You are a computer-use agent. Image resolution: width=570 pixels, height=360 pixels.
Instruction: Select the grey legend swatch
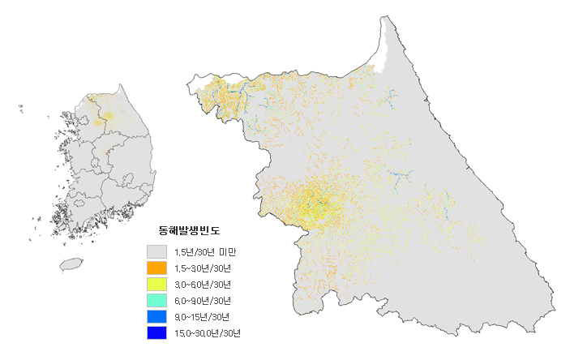tap(156, 251)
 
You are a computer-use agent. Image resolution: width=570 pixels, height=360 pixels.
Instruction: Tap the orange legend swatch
tap(156, 268)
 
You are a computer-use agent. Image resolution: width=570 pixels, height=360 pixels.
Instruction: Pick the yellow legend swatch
tap(156, 284)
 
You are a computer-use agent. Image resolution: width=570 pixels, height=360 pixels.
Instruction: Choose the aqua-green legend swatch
tap(156, 300)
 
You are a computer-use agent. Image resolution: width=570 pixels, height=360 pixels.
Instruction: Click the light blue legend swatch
tap(156, 316)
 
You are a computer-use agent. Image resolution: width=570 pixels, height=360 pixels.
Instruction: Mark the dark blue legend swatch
tap(156, 332)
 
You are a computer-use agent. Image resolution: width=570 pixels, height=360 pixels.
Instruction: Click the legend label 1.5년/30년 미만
tap(205, 252)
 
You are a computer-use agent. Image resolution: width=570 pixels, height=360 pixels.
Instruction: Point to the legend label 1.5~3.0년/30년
tap(203, 268)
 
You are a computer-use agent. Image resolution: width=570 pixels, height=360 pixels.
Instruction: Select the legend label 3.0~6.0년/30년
tap(203, 285)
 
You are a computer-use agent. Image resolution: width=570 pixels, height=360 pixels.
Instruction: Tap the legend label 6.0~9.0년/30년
tap(203, 301)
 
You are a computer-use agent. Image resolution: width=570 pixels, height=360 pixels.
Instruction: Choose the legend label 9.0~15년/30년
tap(201, 317)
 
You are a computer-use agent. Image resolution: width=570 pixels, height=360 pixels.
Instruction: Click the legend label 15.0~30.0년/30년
tap(208, 333)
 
